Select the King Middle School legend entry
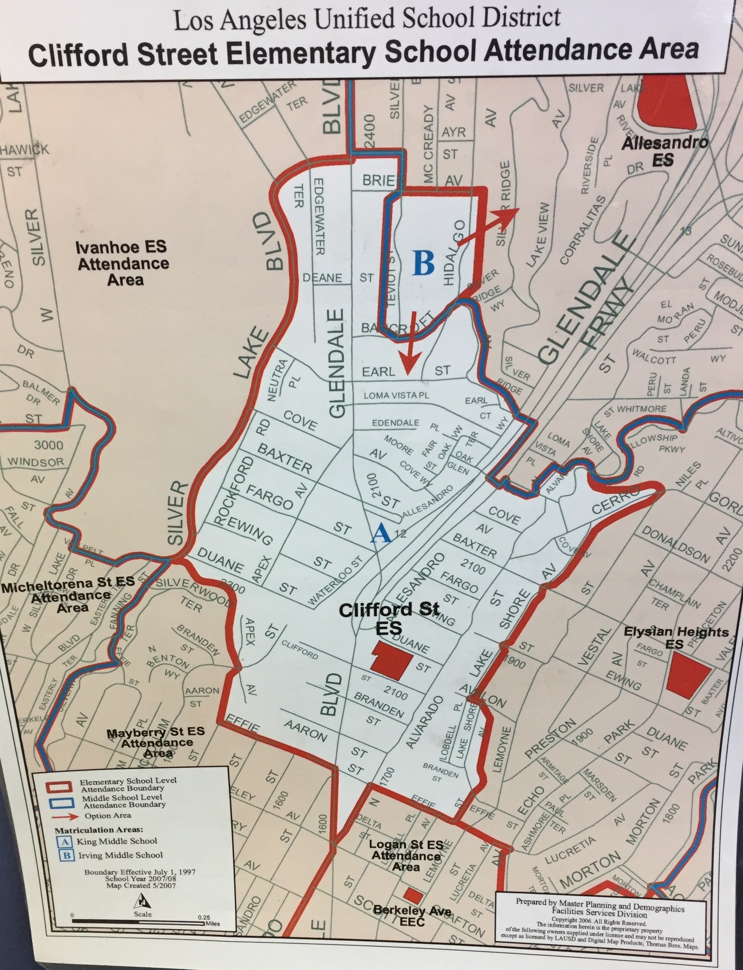(x=117, y=841)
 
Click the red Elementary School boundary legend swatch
(x=60, y=785)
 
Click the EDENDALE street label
(x=395, y=423)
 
